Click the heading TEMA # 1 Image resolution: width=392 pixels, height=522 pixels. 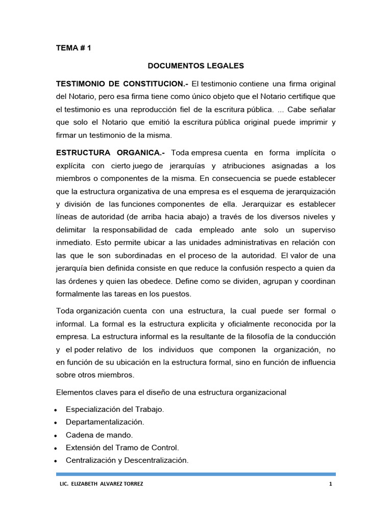[x=73, y=48]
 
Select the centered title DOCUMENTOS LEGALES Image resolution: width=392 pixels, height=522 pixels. [x=196, y=66]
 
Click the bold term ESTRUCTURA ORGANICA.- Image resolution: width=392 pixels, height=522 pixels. [x=110, y=152]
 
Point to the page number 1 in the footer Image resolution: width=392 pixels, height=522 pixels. [x=331, y=484]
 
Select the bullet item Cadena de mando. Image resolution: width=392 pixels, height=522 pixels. [x=99, y=435]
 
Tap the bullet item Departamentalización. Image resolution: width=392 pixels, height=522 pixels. [x=105, y=422]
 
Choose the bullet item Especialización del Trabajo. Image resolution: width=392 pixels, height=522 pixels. [x=115, y=409]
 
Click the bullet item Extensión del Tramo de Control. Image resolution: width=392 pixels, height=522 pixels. [x=122, y=448]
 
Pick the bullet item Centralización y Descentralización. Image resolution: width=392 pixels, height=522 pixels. [x=127, y=460]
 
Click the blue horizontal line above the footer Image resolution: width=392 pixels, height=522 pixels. [x=196, y=474]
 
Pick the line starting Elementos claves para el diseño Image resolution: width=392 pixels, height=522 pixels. [x=171, y=392]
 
